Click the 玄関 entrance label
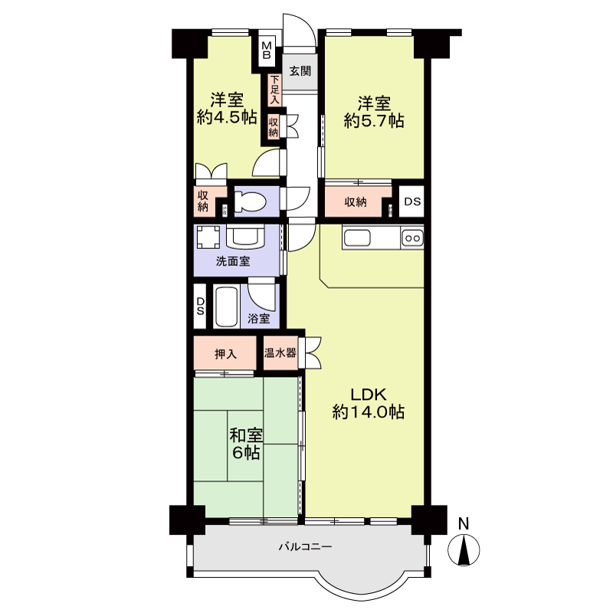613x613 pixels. [300, 71]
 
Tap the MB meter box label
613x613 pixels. [267, 50]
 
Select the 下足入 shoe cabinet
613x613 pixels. [274, 90]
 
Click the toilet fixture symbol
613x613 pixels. [250, 202]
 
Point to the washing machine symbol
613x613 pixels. [208, 238]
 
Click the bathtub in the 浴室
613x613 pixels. [226, 307]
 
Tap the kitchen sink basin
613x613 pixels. [356, 238]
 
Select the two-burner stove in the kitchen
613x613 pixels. [412, 238]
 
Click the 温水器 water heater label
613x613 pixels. [280, 353]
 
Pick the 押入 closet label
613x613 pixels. [225, 354]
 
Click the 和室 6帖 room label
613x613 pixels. [245, 444]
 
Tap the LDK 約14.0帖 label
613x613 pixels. [368, 403]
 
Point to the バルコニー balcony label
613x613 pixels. [305, 546]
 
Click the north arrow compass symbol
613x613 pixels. [464, 545]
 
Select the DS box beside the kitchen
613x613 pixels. [411, 202]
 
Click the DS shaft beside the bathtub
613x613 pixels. [200, 306]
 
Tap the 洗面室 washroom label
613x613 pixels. [233, 261]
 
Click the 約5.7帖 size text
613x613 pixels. [374, 121]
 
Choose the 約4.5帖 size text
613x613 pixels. [227, 117]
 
